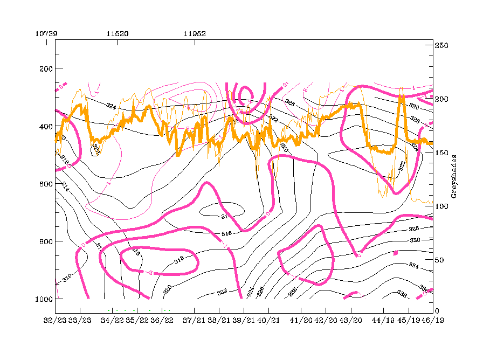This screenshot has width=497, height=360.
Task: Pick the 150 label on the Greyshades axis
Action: pos(442,153)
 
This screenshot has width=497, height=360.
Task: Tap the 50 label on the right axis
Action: pos(440,260)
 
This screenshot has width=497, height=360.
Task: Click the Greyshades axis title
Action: pos(454,177)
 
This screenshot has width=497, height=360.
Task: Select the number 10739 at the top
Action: pos(46,33)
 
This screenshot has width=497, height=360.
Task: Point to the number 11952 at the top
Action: pos(195,33)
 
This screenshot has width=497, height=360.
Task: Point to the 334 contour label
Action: pos(414,266)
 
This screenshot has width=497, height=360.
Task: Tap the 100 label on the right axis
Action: pos(442,206)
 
